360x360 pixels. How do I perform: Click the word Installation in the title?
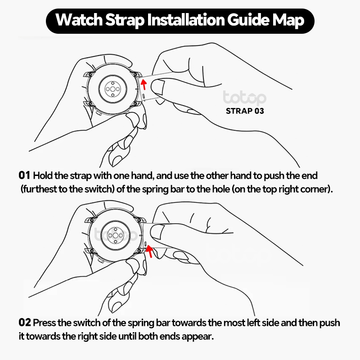point(186,20)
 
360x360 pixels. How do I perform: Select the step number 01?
point(24,175)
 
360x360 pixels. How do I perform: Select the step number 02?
point(25,322)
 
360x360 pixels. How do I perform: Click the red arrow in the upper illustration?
point(144,85)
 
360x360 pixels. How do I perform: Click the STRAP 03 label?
point(245,111)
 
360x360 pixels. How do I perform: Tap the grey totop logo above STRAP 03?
point(244,98)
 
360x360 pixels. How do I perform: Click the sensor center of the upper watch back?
point(112,89)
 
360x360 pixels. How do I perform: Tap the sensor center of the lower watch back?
point(116,235)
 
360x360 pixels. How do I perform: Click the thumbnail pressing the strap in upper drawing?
point(157,86)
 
